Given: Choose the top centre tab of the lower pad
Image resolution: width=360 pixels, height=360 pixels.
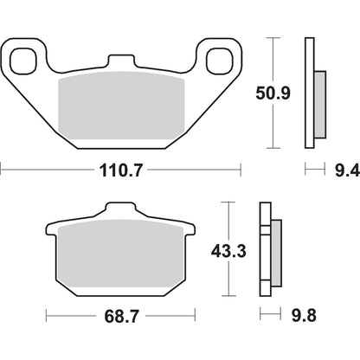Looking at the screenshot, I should coord(118,211).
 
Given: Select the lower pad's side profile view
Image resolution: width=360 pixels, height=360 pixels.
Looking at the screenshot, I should coord(268,250).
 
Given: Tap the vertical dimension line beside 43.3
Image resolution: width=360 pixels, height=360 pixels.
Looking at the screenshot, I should coord(227,250).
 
